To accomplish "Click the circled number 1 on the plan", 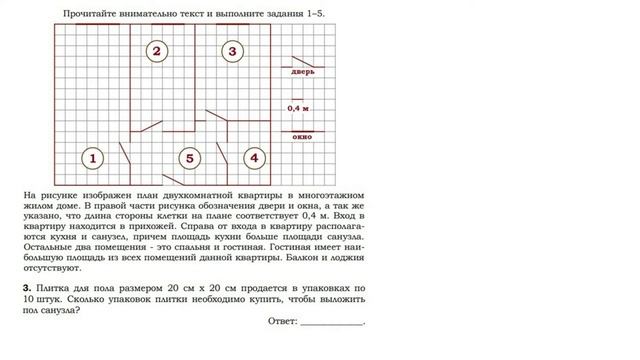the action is click(92, 158).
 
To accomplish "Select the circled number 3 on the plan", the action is click(231, 50).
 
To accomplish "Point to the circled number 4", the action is click(254, 158).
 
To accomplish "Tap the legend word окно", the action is click(302, 136).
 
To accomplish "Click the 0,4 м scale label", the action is click(299, 107).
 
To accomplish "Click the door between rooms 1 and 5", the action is click(128, 154).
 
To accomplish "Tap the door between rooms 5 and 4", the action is click(228, 155).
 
